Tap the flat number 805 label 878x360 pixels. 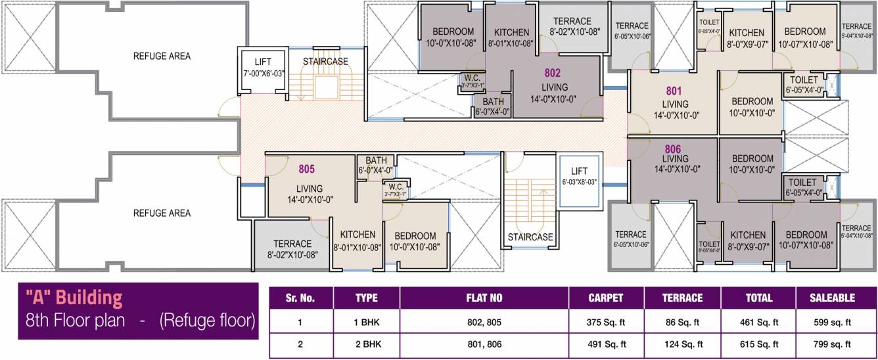point(307,169)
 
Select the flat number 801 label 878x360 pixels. point(674,91)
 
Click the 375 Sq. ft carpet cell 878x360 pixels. point(606,323)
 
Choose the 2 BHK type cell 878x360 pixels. point(366,344)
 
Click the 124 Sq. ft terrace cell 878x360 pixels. point(682,344)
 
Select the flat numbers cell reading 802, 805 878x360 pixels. point(484,323)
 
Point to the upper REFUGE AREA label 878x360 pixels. point(162,56)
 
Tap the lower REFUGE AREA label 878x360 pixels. point(162,214)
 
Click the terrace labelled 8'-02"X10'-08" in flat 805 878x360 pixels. point(292,248)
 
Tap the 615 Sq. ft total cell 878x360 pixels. point(758,344)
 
